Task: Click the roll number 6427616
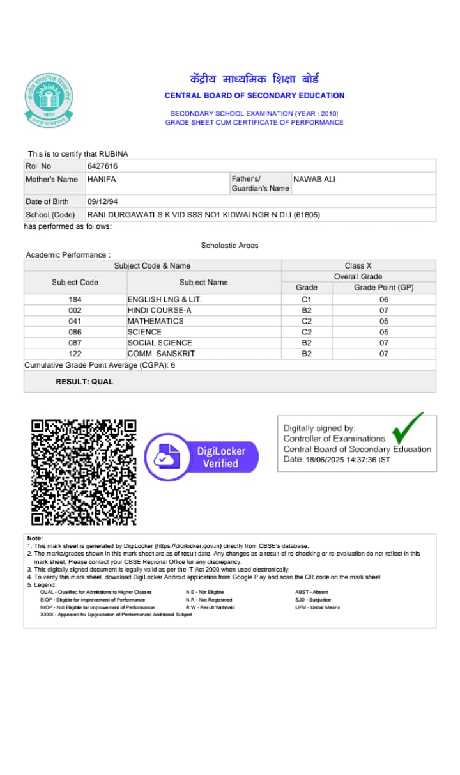click(x=102, y=166)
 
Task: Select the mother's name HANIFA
click(x=102, y=179)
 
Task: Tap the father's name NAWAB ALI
click(x=314, y=179)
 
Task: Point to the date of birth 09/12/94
click(x=102, y=201)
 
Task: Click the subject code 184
click(x=75, y=299)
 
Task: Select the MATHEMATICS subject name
click(x=155, y=321)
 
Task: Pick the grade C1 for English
click(x=307, y=299)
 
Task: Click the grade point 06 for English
click(x=384, y=299)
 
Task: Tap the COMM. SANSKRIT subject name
click(x=161, y=354)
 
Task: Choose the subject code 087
click(x=75, y=343)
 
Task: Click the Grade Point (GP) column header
click(x=384, y=288)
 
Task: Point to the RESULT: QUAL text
click(x=84, y=382)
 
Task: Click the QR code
click(x=84, y=472)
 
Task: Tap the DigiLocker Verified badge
click(x=202, y=457)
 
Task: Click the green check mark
click(x=408, y=428)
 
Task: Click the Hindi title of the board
click(x=254, y=80)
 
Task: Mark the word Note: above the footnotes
click(x=35, y=538)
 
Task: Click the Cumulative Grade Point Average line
click(x=100, y=365)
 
